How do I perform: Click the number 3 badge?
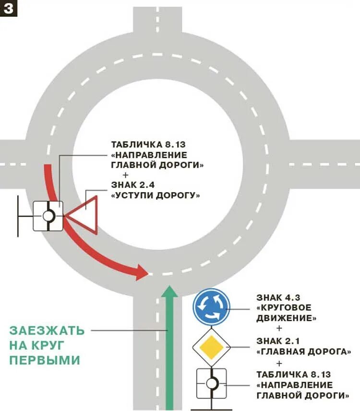click(x=9, y=9)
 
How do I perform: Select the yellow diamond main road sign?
click(x=212, y=346)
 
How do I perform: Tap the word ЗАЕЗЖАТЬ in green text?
click(x=47, y=331)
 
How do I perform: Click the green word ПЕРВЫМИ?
click(x=44, y=360)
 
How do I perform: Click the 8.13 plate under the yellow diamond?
click(x=212, y=383)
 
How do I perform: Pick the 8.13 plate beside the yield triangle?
click(x=48, y=216)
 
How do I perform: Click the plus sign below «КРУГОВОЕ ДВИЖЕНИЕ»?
click(x=280, y=329)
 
